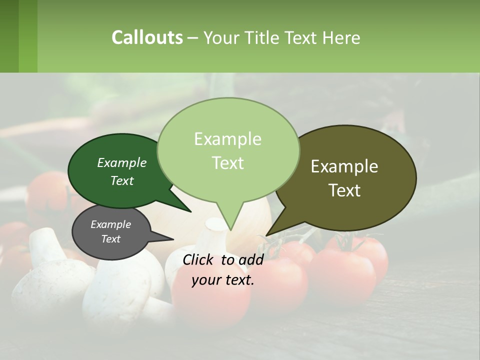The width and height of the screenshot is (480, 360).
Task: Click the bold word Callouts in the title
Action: [147, 37]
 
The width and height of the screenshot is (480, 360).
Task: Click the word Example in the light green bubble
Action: [227, 139]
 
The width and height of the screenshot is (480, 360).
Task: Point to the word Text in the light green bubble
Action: [227, 163]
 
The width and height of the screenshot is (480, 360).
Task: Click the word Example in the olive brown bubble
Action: [344, 166]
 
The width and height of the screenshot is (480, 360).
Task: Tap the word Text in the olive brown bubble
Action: [345, 190]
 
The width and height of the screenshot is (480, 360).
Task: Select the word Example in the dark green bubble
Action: [121, 162]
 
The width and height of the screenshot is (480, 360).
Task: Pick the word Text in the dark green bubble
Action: [121, 180]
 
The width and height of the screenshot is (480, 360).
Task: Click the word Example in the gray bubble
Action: [110, 224]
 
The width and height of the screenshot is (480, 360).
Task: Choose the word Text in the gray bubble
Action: [110, 239]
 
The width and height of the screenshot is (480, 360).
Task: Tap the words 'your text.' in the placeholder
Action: [222, 280]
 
